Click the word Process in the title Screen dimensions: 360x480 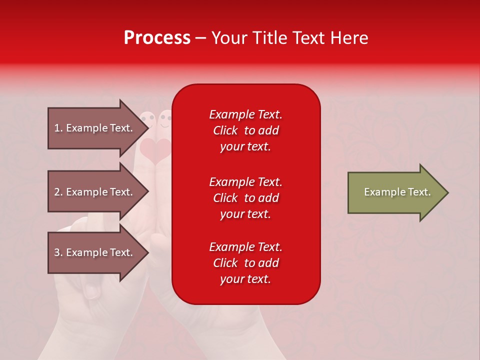pos(157,38)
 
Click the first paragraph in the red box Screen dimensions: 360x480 pos(245,130)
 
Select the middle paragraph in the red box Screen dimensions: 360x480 pos(245,198)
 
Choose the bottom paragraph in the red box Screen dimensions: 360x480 pos(245,263)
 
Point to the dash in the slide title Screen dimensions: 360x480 pos(200,38)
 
